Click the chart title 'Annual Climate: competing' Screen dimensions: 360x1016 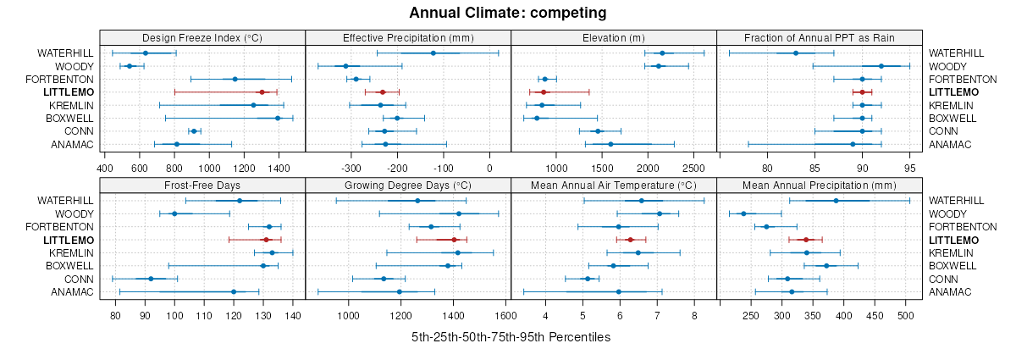coord(507,13)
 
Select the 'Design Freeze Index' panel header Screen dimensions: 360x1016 coord(202,37)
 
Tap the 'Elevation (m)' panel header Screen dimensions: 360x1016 coord(614,37)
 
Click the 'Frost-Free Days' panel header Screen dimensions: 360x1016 coord(202,185)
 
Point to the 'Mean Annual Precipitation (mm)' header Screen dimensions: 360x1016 coord(819,185)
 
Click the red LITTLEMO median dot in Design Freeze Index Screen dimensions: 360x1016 coord(262,91)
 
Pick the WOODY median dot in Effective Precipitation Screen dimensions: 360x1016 coord(345,66)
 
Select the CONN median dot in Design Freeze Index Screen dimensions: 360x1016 coord(194,131)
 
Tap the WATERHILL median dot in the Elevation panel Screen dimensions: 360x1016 coord(662,53)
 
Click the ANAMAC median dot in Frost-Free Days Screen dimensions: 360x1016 coord(234,292)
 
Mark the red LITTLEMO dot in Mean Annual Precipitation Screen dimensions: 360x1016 coord(806,240)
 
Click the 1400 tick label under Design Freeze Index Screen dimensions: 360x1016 coord(279,156)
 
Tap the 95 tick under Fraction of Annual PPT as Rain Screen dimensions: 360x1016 coord(910,156)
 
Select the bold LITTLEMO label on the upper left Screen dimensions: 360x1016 coord(69,91)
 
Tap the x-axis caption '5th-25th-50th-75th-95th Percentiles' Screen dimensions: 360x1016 coord(511,337)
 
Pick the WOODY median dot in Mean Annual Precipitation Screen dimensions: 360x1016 coord(743,213)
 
